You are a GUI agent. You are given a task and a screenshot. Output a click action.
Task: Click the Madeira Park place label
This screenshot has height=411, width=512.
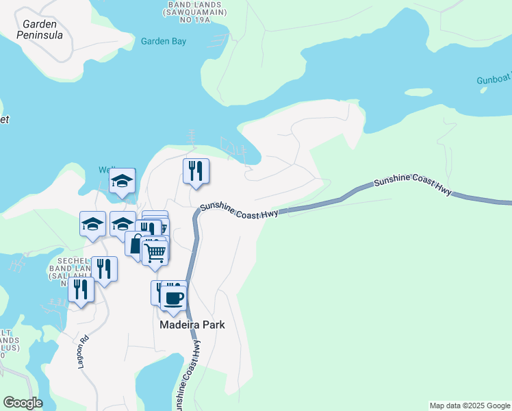click(192, 325)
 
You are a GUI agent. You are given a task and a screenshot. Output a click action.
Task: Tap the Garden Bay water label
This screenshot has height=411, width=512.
click(164, 41)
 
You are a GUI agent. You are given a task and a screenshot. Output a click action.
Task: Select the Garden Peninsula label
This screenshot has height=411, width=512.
click(42, 29)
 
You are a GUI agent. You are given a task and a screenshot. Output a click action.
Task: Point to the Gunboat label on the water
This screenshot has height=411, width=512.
click(494, 80)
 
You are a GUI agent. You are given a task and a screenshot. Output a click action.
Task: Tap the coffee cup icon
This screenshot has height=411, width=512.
click(174, 298)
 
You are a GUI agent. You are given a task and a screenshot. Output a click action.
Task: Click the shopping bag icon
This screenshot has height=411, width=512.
click(137, 244)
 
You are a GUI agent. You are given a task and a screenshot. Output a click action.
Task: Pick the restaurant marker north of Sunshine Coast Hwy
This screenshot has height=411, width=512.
click(196, 171)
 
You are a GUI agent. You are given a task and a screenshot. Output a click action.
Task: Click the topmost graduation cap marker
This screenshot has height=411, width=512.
click(123, 181)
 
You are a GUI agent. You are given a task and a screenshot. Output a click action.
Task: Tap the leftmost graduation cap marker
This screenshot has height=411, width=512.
click(92, 223)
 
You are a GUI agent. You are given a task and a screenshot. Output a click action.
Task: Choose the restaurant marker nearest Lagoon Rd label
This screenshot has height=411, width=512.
click(81, 290)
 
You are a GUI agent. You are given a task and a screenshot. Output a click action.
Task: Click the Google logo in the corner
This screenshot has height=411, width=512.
click(23, 403)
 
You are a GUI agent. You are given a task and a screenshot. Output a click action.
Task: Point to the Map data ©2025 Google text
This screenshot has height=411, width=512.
click(469, 406)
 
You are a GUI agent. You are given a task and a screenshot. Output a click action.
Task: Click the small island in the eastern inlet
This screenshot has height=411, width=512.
click(418, 92)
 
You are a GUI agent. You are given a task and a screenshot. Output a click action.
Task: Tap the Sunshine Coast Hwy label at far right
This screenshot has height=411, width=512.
click(412, 185)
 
